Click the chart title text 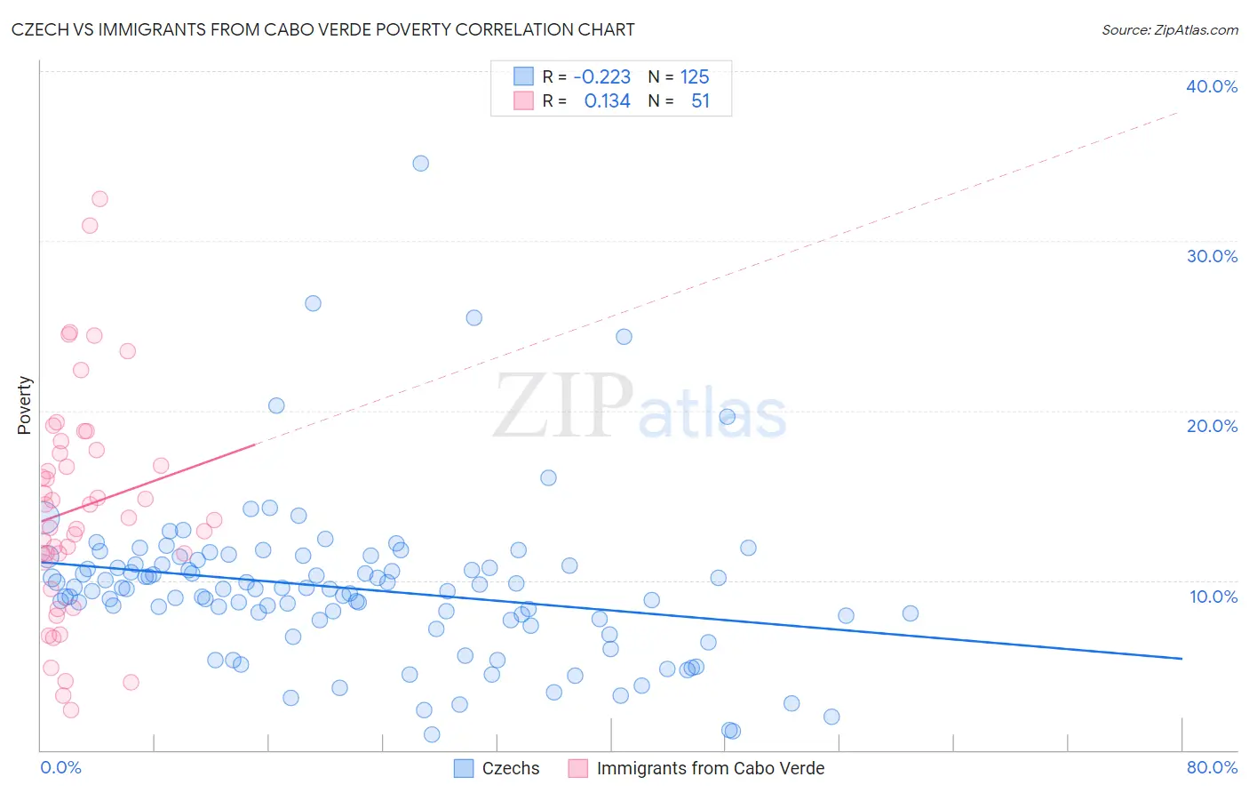click(x=322, y=29)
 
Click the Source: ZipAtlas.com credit click(x=1169, y=29)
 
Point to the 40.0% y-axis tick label click(x=1211, y=86)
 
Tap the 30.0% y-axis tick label click(x=1211, y=256)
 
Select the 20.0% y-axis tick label click(x=1211, y=426)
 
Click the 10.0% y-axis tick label click(x=1213, y=596)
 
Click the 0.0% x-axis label click(x=60, y=767)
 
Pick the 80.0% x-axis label click(x=1212, y=767)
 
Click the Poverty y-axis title click(x=24, y=405)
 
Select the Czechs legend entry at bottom click(x=510, y=768)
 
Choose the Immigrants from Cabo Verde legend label click(x=710, y=768)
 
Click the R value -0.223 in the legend click(x=601, y=76)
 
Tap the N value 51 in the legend click(x=700, y=101)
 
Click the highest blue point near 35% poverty click(x=420, y=164)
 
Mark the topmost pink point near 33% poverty click(x=99, y=199)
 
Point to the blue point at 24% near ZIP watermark click(x=624, y=337)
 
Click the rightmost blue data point click(x=910, y=613)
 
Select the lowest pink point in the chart click(x=71, y=709)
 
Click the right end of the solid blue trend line click(x=1181, y=658)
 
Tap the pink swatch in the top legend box click(x=524, y=101)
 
